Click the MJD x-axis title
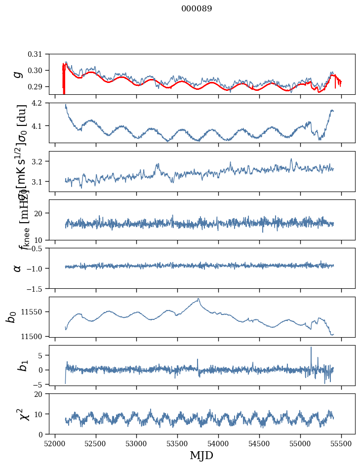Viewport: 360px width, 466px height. tap(201, 455)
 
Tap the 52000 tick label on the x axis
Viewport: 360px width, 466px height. tap(55, 443)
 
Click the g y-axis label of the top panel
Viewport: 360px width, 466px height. tap(18, 74)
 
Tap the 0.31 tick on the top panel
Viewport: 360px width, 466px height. tap(42, 54)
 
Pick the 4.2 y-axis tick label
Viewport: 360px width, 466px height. tap(43, 103)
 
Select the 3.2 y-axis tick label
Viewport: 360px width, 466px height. tap(43, 161)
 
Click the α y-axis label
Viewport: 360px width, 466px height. tap(18, 268)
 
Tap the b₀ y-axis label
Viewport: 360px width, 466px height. tap(11, 317)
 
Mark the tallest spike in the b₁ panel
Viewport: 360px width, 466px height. tap(311, 348)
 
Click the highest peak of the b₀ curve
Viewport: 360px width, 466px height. tap(199, 299)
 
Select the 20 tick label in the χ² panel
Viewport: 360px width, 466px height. tap(43, 394)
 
